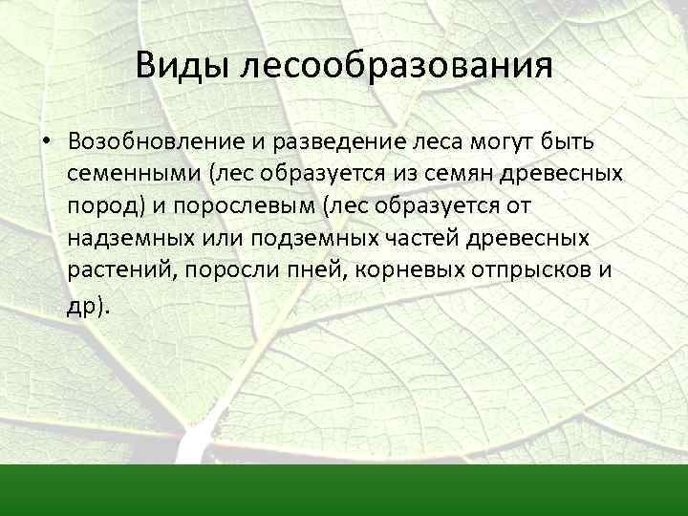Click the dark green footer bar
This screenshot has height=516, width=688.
click(344, 489)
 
